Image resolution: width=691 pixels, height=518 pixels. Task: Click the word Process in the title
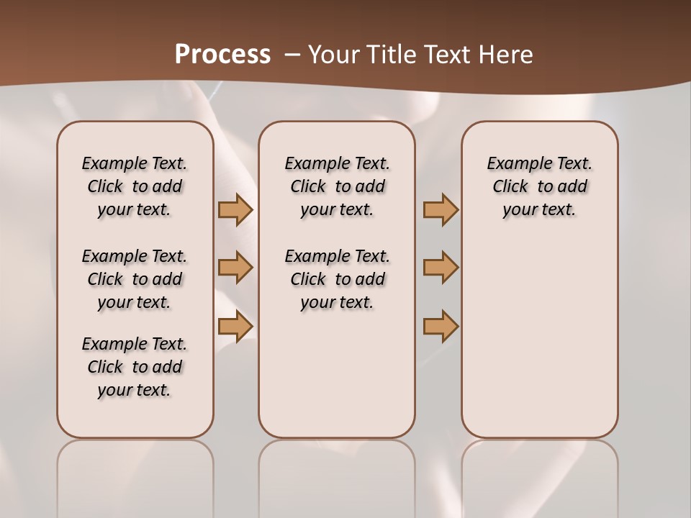tap(222, 55)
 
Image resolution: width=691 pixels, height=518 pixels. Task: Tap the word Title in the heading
tap(387, 55)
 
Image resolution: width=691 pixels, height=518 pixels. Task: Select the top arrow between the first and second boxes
tap(235, 209)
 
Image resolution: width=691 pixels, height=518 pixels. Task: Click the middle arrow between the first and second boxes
tap(235, 268)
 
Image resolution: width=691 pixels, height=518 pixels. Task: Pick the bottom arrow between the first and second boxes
tap(235, 326)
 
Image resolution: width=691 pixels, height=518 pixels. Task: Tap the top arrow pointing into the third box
tap(441, 209)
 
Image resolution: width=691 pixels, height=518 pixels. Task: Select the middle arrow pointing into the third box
tap(441, 268)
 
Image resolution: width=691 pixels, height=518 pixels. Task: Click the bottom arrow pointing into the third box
tap(441, 326)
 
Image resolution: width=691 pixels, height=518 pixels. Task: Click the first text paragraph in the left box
tap(135, 186)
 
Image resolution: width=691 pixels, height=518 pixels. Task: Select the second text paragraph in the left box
tap(135, 279)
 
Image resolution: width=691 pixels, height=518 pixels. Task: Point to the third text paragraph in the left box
tap(135, 367)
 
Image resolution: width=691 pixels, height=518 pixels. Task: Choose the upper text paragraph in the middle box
tap(337, 186)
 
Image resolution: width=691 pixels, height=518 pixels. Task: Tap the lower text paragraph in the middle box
tap(337, 279)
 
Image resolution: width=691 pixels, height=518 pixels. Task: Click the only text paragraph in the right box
tap(539, 186)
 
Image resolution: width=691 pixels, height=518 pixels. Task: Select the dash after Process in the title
tap(292, 55)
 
